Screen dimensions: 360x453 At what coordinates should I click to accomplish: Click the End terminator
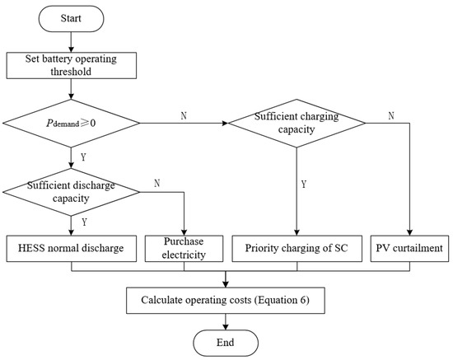[225, 341]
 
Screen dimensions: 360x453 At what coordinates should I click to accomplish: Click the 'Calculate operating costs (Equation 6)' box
[225, 300]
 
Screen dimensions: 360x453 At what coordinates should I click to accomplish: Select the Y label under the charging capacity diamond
[305, 185]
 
